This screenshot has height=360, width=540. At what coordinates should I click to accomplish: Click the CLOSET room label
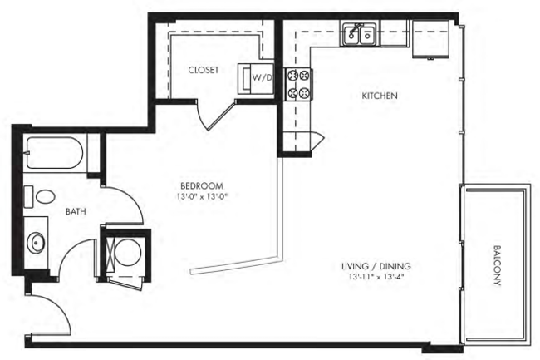[x=204, y=71]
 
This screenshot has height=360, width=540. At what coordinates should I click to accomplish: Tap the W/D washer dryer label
[x=263, y=77]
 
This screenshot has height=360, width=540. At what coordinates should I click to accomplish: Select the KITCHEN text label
[x=380, y=96]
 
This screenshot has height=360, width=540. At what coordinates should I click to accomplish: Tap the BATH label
[x=76, y=211]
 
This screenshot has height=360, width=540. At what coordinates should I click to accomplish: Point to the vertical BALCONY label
[x=498, y=266]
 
